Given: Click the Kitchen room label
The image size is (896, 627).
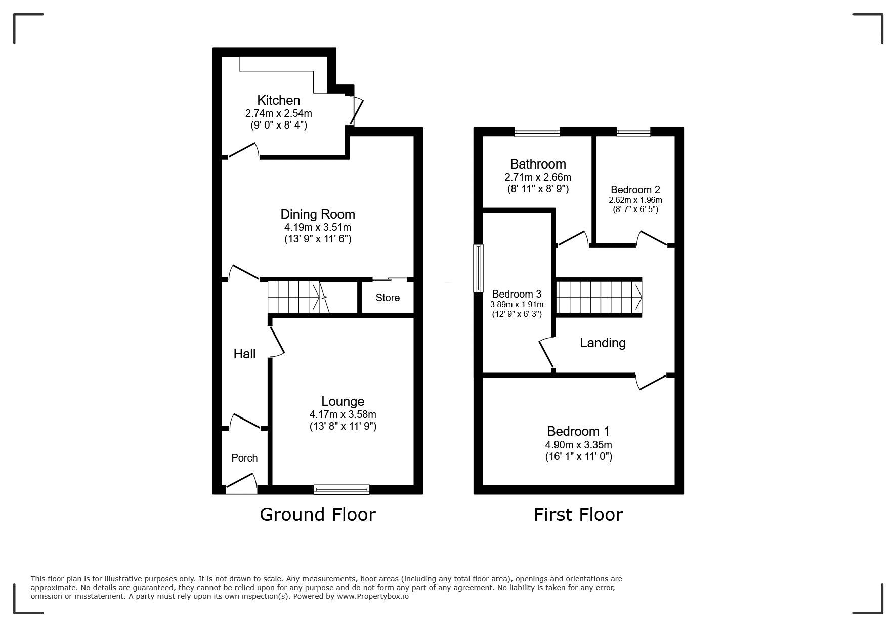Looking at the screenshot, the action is (278, 100).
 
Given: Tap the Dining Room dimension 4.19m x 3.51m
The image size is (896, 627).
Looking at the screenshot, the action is (318, 227).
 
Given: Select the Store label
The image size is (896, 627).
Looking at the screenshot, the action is (388, 298).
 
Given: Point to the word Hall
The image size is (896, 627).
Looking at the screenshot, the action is (244, 354).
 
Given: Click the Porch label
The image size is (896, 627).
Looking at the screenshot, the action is (244, 458).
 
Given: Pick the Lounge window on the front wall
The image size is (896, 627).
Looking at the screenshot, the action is (342, 489).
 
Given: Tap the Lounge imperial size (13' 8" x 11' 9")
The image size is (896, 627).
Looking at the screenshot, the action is (343, 426).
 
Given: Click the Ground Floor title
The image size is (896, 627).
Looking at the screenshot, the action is (318, 514).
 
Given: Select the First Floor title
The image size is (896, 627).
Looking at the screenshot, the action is (578, 514).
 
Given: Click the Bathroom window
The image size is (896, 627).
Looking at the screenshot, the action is (537, 132).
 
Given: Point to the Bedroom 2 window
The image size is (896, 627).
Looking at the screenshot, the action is (633, 132).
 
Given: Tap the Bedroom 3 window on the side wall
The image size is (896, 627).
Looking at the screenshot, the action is (478, 268).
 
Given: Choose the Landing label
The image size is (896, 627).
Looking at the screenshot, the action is (603, 343).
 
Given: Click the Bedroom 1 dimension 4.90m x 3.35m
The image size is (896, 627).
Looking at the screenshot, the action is (578, 445).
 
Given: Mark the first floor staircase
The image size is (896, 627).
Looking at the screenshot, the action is (599, 297).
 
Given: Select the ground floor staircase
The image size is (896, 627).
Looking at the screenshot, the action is (298, 298).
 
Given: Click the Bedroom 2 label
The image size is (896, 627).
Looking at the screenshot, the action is (635, 190).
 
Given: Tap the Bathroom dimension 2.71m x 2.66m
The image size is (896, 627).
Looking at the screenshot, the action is (538, 177).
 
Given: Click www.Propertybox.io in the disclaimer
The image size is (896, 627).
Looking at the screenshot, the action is (373, 596).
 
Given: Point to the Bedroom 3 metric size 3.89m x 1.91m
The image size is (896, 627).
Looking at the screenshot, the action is (517, 304).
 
